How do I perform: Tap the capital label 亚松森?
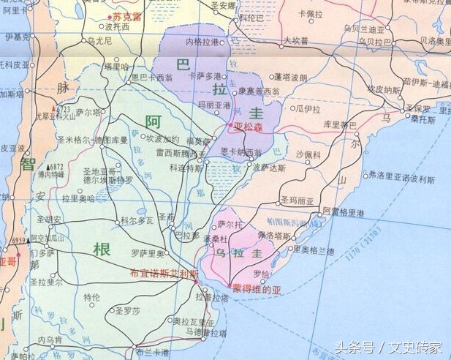[252, 127]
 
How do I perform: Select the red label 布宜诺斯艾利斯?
[164, 274]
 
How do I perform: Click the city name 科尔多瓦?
[137, 220]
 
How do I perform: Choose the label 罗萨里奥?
[146, 253]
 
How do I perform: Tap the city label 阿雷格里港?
[343, 211]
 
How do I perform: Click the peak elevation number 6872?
[57, 166]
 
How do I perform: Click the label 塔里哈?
[116, 66]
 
